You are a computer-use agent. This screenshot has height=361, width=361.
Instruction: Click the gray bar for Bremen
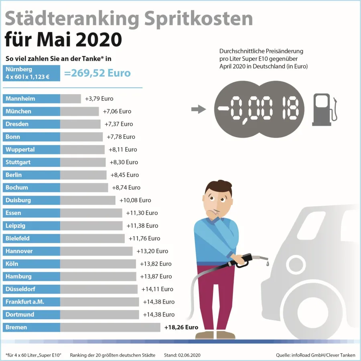tap(110, 327)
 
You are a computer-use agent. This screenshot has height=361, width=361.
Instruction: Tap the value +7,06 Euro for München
tap(117, 112)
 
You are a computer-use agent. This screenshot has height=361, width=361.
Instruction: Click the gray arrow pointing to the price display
tap(198, 109)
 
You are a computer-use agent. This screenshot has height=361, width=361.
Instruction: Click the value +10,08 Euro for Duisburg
tap(135, 200)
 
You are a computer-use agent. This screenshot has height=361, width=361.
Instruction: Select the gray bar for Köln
tap(98, 264)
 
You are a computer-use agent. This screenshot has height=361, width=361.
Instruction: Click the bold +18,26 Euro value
tap(181, 327)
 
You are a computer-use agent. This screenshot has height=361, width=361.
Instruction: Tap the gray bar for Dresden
tap(80, 124)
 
